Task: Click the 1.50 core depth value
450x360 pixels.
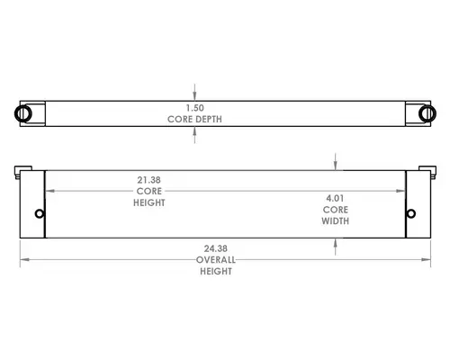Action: [194, 108]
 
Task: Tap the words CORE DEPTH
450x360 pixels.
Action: [194, 119]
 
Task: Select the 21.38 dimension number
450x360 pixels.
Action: [149, 180]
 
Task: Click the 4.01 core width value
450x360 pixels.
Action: [335, 198]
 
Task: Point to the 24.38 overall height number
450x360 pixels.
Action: [216, 248]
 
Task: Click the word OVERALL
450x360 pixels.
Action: [216, 260]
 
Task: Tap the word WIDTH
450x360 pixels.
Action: [336, 221]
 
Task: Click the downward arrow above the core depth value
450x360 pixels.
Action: [194, 93]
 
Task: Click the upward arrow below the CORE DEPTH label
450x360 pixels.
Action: [194, 135]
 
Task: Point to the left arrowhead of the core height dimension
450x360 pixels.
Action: [49, 191]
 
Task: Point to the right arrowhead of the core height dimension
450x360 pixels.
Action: [400, 191]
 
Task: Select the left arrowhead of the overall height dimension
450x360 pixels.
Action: [24, 259]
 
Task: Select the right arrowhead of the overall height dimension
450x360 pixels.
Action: [426, 259]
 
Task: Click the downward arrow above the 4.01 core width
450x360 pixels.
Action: [336, 162]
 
